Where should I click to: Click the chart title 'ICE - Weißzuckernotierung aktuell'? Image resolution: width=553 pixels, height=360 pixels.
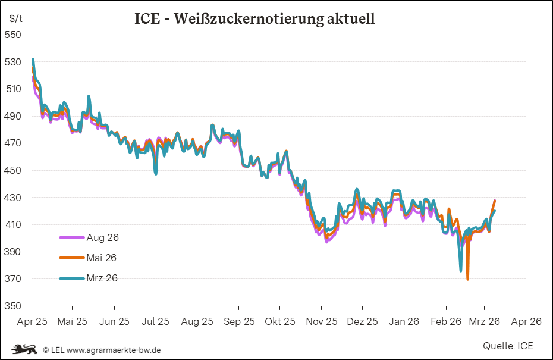(254, 18)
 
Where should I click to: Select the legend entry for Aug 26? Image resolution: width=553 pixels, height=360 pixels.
(102, 237)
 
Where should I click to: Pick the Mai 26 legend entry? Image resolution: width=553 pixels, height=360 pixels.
(102, 258)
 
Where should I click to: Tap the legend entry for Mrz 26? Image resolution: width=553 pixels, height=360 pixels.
(102, 278)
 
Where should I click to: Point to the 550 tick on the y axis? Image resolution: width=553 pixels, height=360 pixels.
(13, 35)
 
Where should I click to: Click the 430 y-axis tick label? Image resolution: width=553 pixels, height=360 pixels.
(13, 198)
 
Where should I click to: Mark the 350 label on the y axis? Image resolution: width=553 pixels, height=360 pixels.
(13, 306)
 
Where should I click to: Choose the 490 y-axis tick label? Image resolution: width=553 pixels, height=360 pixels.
(13, 116)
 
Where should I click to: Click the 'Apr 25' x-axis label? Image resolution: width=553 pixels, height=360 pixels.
(32, 321)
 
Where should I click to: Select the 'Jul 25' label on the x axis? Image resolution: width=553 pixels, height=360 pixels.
(155, 321)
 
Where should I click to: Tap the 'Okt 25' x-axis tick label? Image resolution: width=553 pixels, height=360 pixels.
(279, 321)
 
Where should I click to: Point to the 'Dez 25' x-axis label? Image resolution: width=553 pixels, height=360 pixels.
(362, 321)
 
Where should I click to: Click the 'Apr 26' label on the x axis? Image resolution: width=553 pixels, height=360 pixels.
(526, 321)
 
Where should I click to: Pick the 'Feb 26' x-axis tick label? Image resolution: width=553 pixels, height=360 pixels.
(445, 321)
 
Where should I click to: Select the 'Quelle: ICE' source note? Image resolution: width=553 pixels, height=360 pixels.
(508, 346)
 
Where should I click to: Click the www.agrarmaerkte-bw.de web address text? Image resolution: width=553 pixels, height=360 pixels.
(114, 350)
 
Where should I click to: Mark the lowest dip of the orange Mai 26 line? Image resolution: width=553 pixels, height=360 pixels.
(468, 279)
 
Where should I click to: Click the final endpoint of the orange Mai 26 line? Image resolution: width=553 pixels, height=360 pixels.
(495, 201)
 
